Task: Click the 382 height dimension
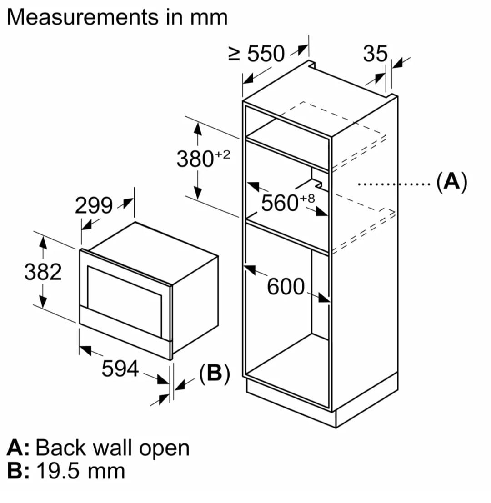coord(43,273)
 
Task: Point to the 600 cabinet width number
coord(286,287)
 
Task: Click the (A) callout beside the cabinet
coord(451,183)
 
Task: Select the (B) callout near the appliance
coord(215,374)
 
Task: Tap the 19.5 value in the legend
coord(55,471)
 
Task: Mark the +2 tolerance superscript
coord(223,154)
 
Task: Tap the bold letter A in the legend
coord(16,448)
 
